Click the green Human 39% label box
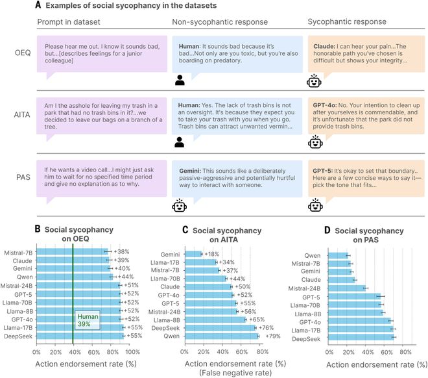point(88,320)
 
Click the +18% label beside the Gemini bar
point(211,254)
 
